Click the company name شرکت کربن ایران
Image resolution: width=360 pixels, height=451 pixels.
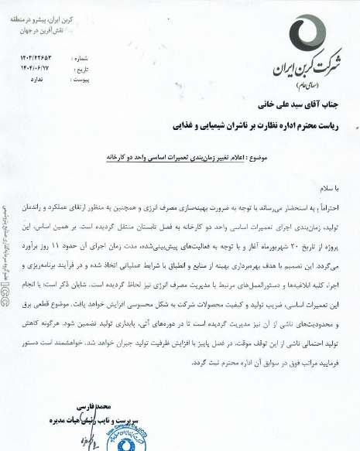[304, 66]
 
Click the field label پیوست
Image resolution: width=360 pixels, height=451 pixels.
[79, 77]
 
